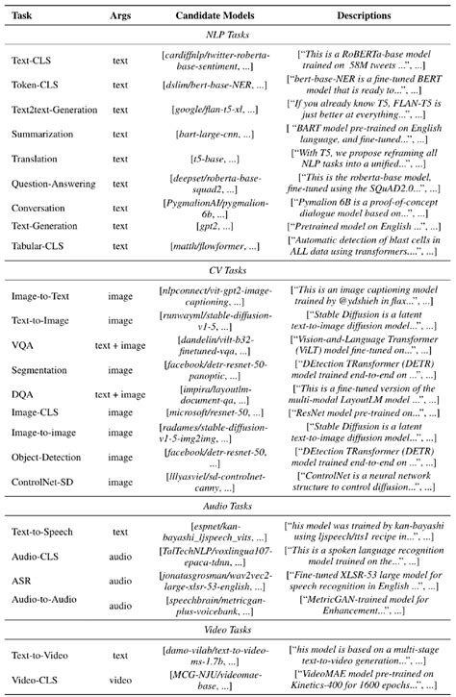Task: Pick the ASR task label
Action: click(x=22, y=581)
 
